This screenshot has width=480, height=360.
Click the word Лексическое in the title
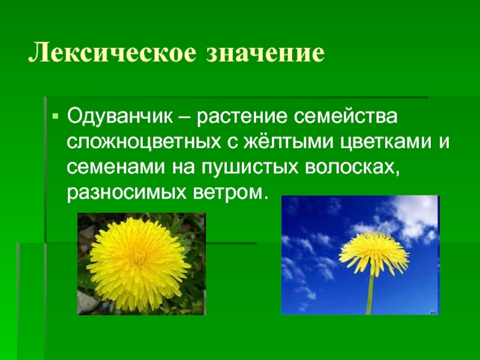[112, 53]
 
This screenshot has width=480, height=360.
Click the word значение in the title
[265, 53]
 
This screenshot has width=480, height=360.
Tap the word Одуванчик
[120, 117]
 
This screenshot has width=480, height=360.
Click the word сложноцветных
[144, 142]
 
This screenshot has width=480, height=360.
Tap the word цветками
[386, 142]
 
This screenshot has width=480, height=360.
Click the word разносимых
[127, 193]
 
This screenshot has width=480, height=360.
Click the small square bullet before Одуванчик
[55, 116]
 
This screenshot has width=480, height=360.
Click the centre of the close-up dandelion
[139, 264]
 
